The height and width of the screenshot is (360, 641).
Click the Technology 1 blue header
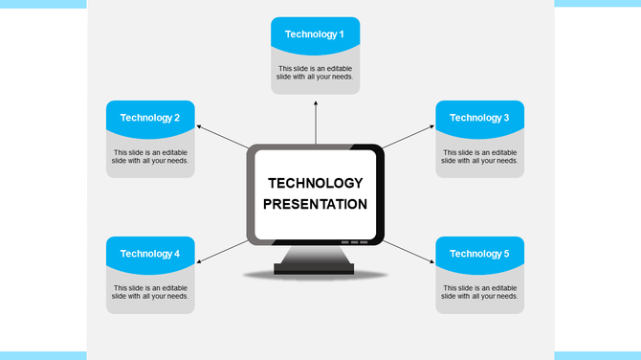point(315,34)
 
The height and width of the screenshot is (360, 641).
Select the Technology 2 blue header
point(150,118)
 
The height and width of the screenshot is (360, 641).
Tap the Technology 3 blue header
point(479,118)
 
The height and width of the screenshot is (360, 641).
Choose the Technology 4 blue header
point(150,254)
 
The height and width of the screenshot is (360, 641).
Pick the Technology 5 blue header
point(479,254)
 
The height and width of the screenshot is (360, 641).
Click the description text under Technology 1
point(315,73)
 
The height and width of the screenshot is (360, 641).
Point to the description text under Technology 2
point(150,156)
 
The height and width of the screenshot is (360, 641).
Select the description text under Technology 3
point(479,156)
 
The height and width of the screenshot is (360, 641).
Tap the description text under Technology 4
point(150,292)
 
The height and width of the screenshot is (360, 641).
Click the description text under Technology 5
point(479,292)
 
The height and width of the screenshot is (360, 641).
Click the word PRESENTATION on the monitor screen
point(315,204)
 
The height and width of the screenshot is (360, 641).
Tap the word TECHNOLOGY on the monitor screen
point(315,183)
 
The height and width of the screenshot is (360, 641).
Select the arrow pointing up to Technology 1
point(315,120)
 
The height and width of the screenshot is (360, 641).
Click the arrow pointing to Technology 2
point(221,136)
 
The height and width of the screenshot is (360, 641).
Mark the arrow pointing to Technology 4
point(222,250)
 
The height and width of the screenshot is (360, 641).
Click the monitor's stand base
point(315,269)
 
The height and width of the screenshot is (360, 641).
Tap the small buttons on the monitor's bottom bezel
point(353,242)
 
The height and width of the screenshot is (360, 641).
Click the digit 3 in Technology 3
point(506,118)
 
